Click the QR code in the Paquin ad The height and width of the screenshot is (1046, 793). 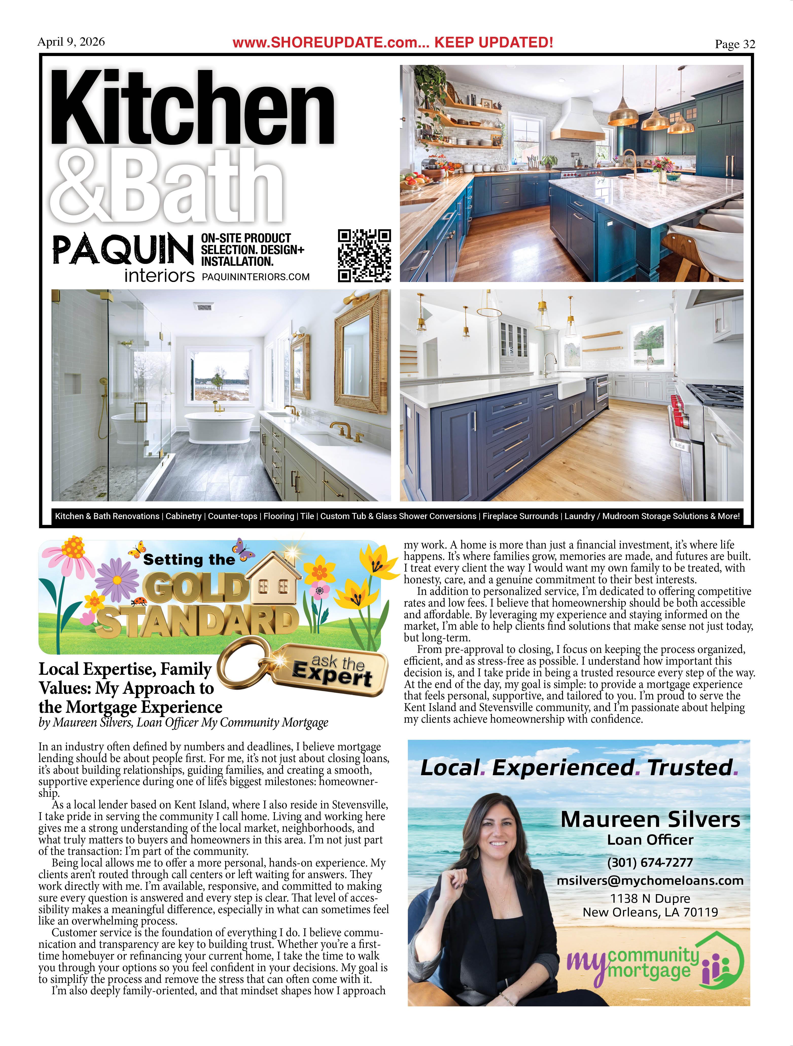click(364, 255)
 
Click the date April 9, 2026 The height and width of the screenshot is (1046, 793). click(71, 42)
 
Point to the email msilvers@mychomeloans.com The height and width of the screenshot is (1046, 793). click(650, 880)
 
